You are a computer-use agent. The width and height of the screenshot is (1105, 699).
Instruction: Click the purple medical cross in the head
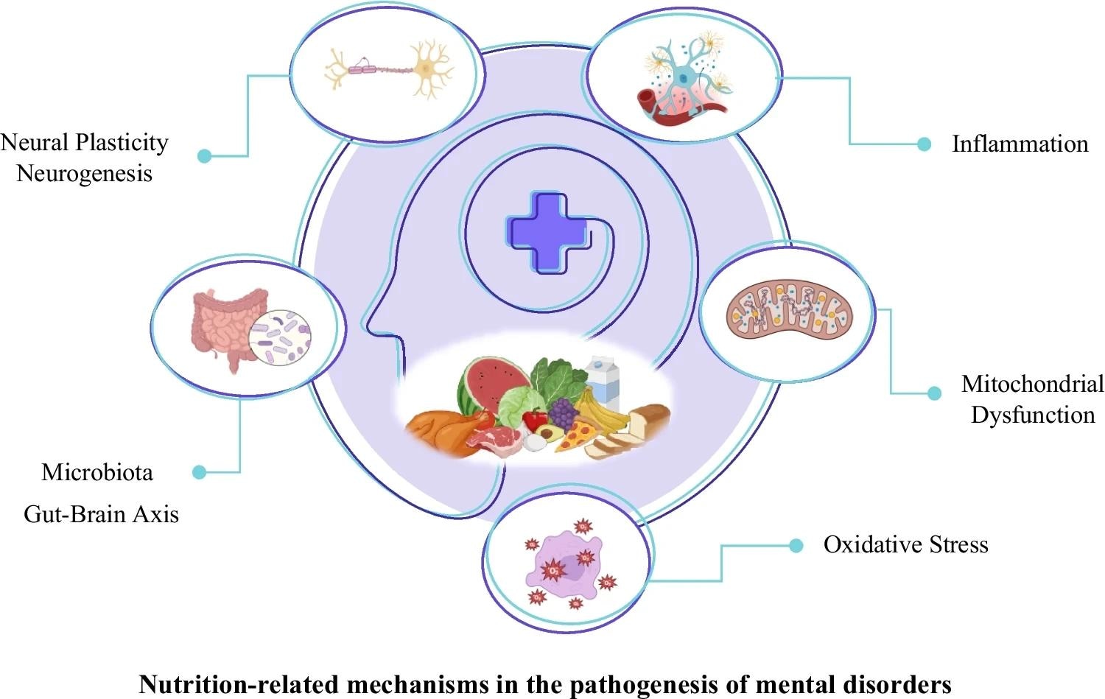[547, 232]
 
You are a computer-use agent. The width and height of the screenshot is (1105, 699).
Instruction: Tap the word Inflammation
[1020, 144]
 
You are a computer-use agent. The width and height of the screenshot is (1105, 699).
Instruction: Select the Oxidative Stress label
[905, 545]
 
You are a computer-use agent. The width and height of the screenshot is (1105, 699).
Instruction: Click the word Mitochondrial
[1032, 384]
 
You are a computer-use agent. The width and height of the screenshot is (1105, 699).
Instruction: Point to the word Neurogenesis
[84, 174]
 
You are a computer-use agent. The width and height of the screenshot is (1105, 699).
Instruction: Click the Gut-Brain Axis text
[101, 513]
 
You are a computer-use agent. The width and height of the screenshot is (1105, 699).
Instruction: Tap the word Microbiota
[97, 472]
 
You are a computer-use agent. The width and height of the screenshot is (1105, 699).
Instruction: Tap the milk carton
[603, 378]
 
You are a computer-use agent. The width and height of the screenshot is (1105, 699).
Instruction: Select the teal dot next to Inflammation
[924, 144]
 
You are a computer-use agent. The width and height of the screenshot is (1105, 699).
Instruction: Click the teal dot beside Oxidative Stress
[796, 546]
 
